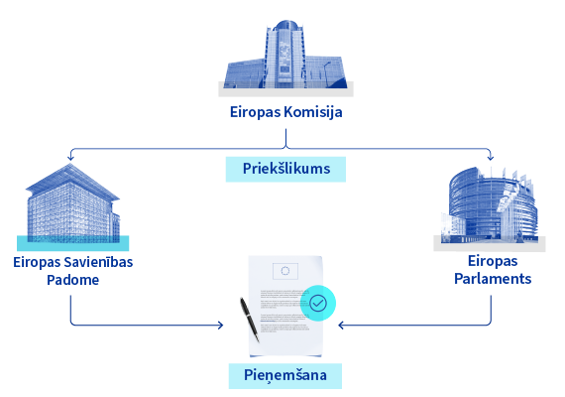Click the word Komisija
pos(313,112)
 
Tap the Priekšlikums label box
pos(285,169)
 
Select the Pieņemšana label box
pos(285,376)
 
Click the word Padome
pos(72,280)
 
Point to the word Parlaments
pos(493,279)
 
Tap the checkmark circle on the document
pos(318,303)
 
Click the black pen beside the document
pos(250,320)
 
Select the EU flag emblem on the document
pos(285,271)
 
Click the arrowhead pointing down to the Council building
pos(70,158)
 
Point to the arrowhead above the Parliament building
pos(491,158)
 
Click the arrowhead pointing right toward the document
pos(220,326)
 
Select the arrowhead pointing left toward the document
pos(341,326)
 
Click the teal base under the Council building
pos(72,243)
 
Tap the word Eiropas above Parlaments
pos(493,261)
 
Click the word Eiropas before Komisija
pos(255,112)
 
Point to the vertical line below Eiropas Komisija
pos(285,138)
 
